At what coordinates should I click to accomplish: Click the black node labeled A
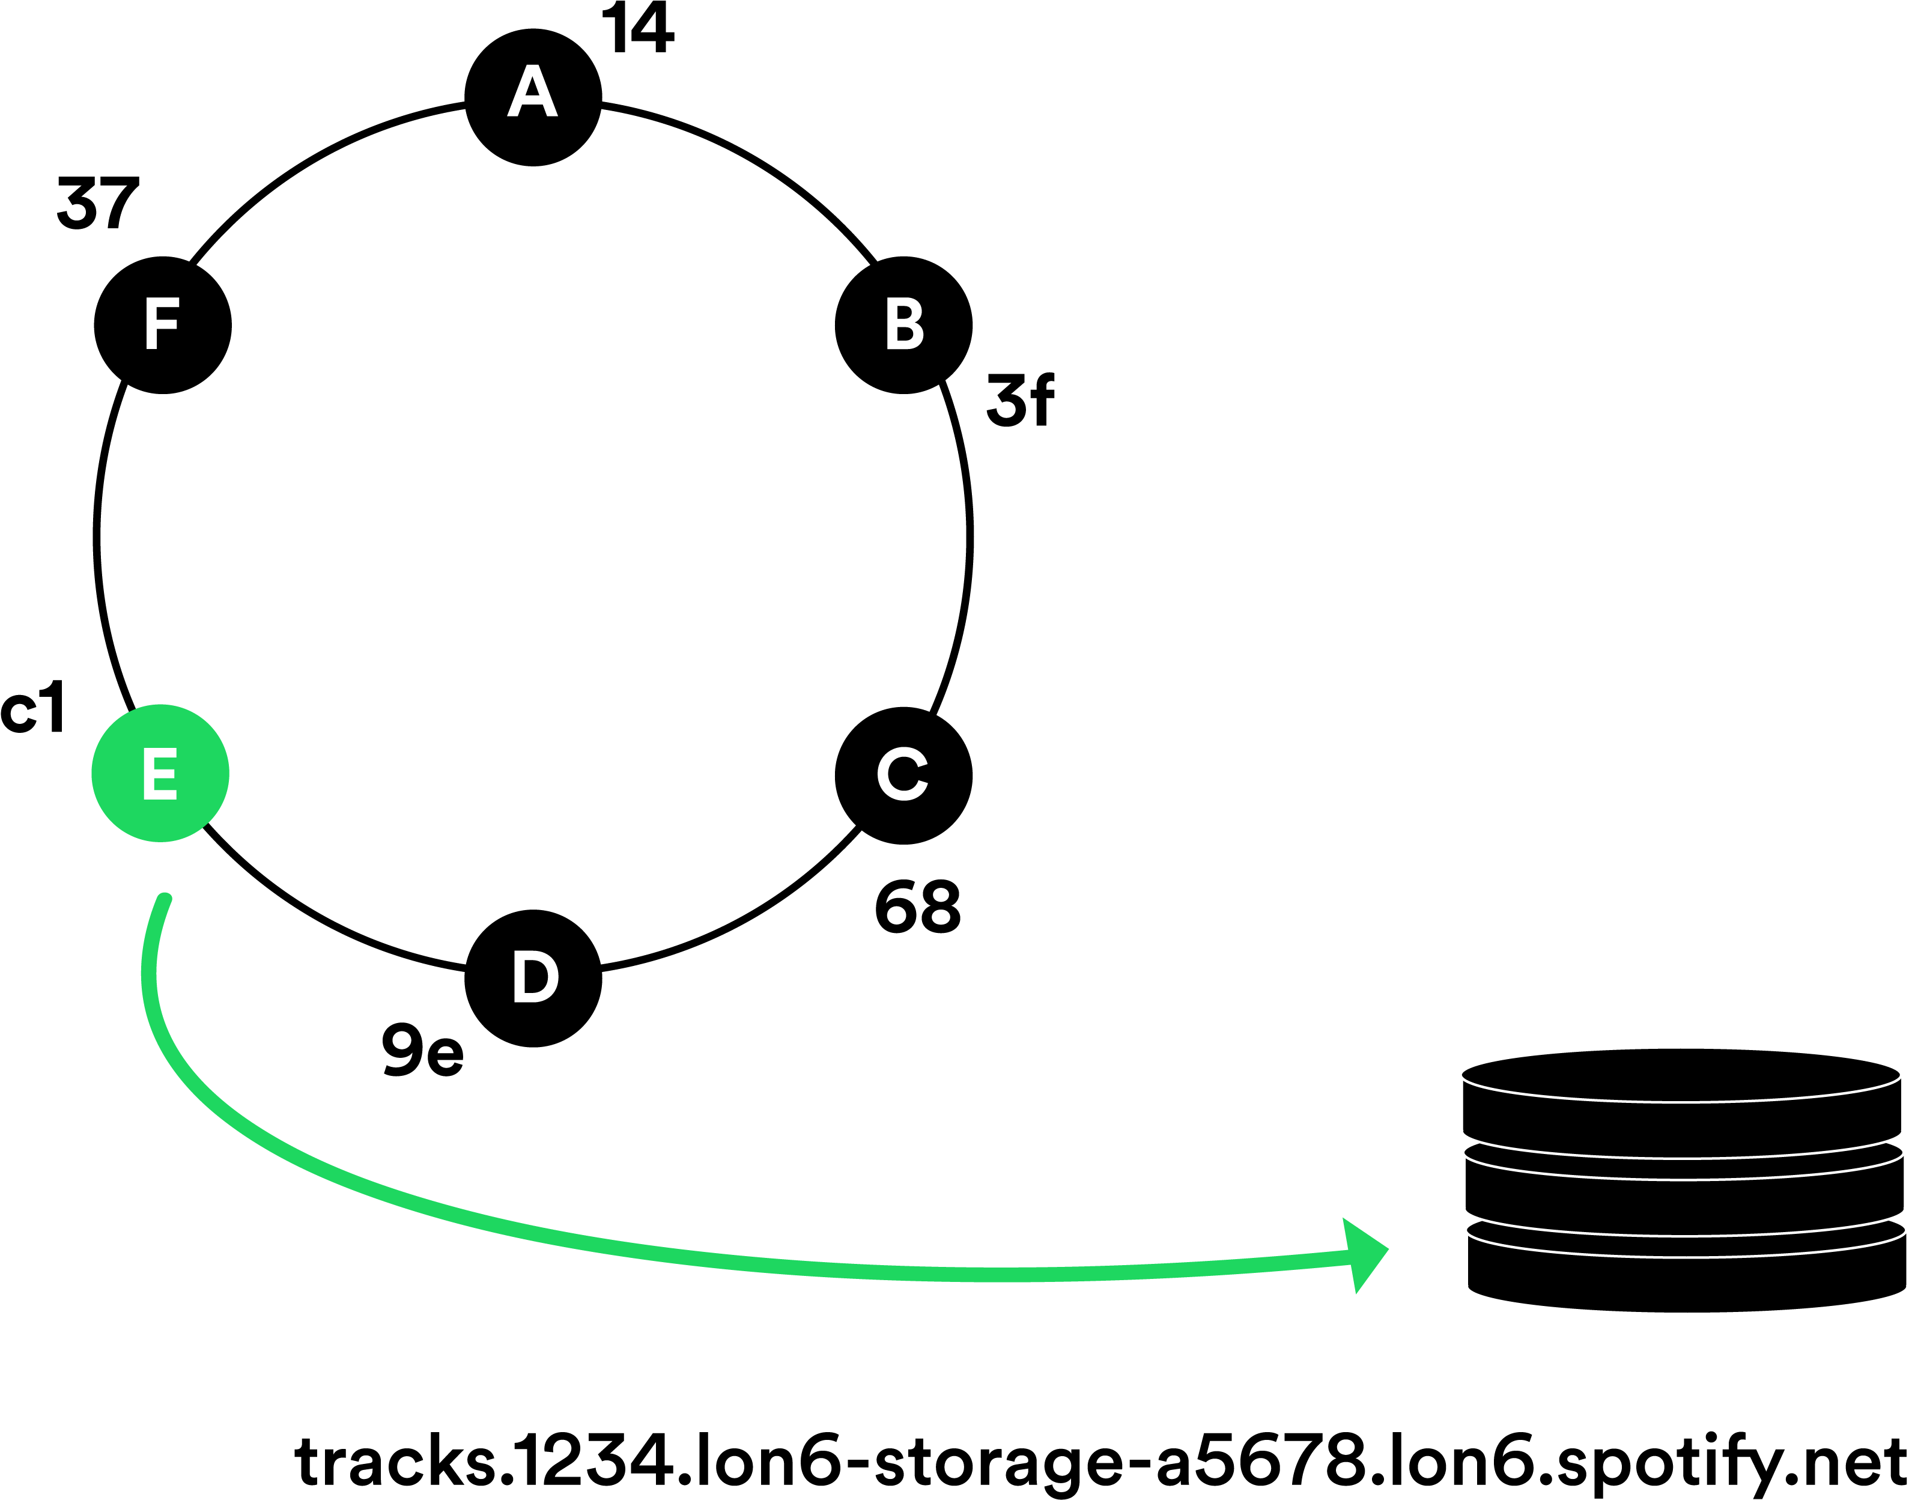tap(533, 97)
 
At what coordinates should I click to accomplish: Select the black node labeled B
tap(903, 325)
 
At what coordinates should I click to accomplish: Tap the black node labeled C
tap(903, 776)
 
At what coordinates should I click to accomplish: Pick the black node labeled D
tap(533, 977)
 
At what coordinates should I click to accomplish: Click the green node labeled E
tap(161, 773)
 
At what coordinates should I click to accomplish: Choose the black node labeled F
tap(162, 325)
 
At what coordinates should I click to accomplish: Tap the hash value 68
tap(918, 906)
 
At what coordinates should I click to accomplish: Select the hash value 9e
tap(422, 1049)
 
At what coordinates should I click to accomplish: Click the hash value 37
tap(97, 203)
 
